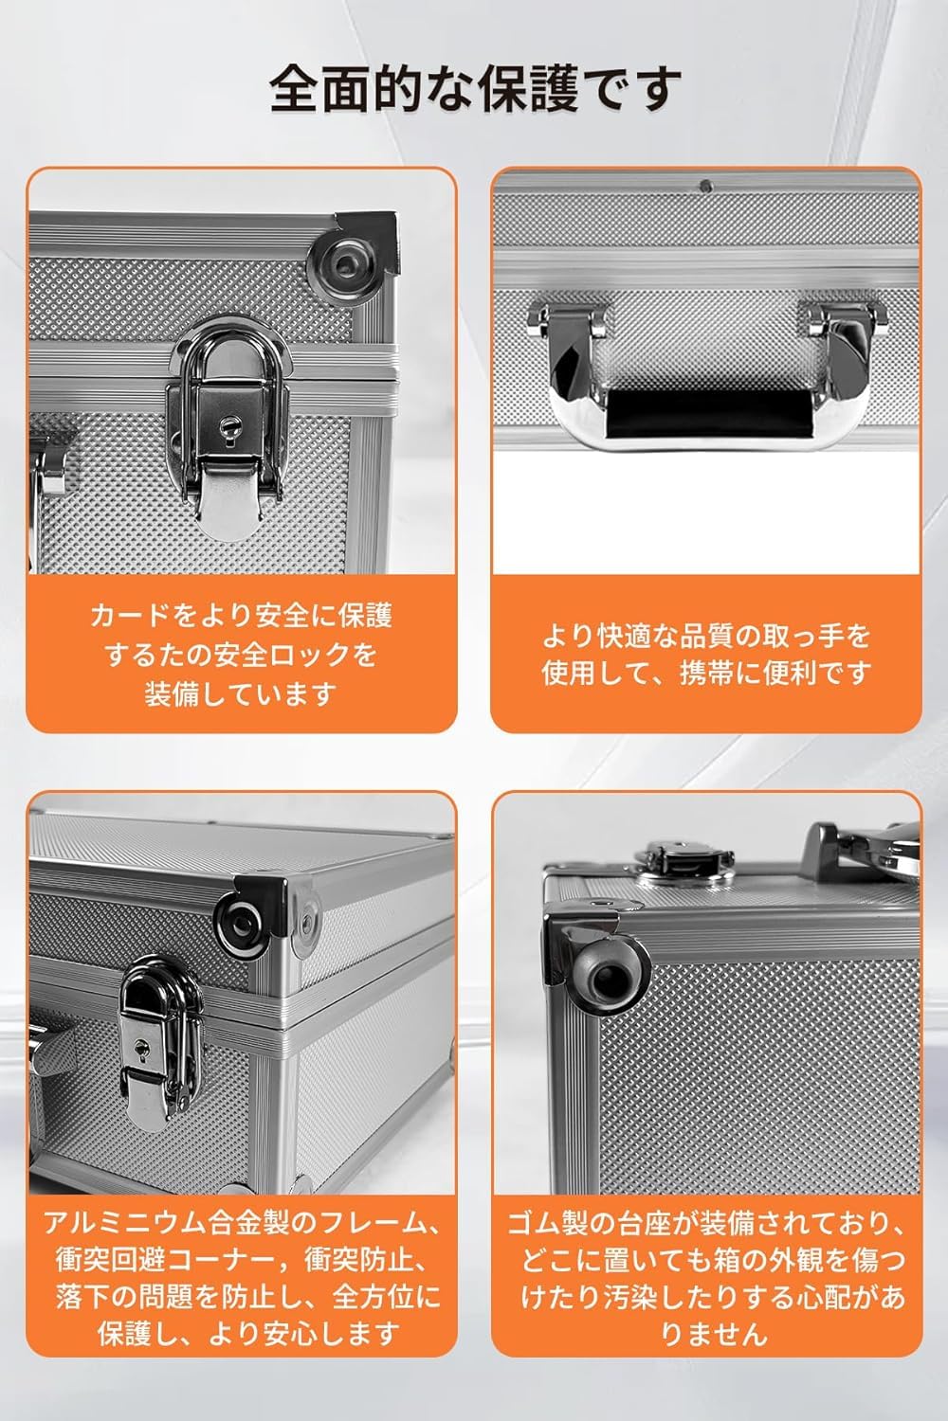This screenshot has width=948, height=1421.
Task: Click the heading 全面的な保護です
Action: (x=476, y=89)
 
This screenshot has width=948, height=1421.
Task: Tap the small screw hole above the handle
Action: (x=705, y=186)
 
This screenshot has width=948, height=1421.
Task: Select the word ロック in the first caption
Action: (x=294, y=655)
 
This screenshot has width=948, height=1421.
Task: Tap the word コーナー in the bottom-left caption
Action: (x=220, y=1260)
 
